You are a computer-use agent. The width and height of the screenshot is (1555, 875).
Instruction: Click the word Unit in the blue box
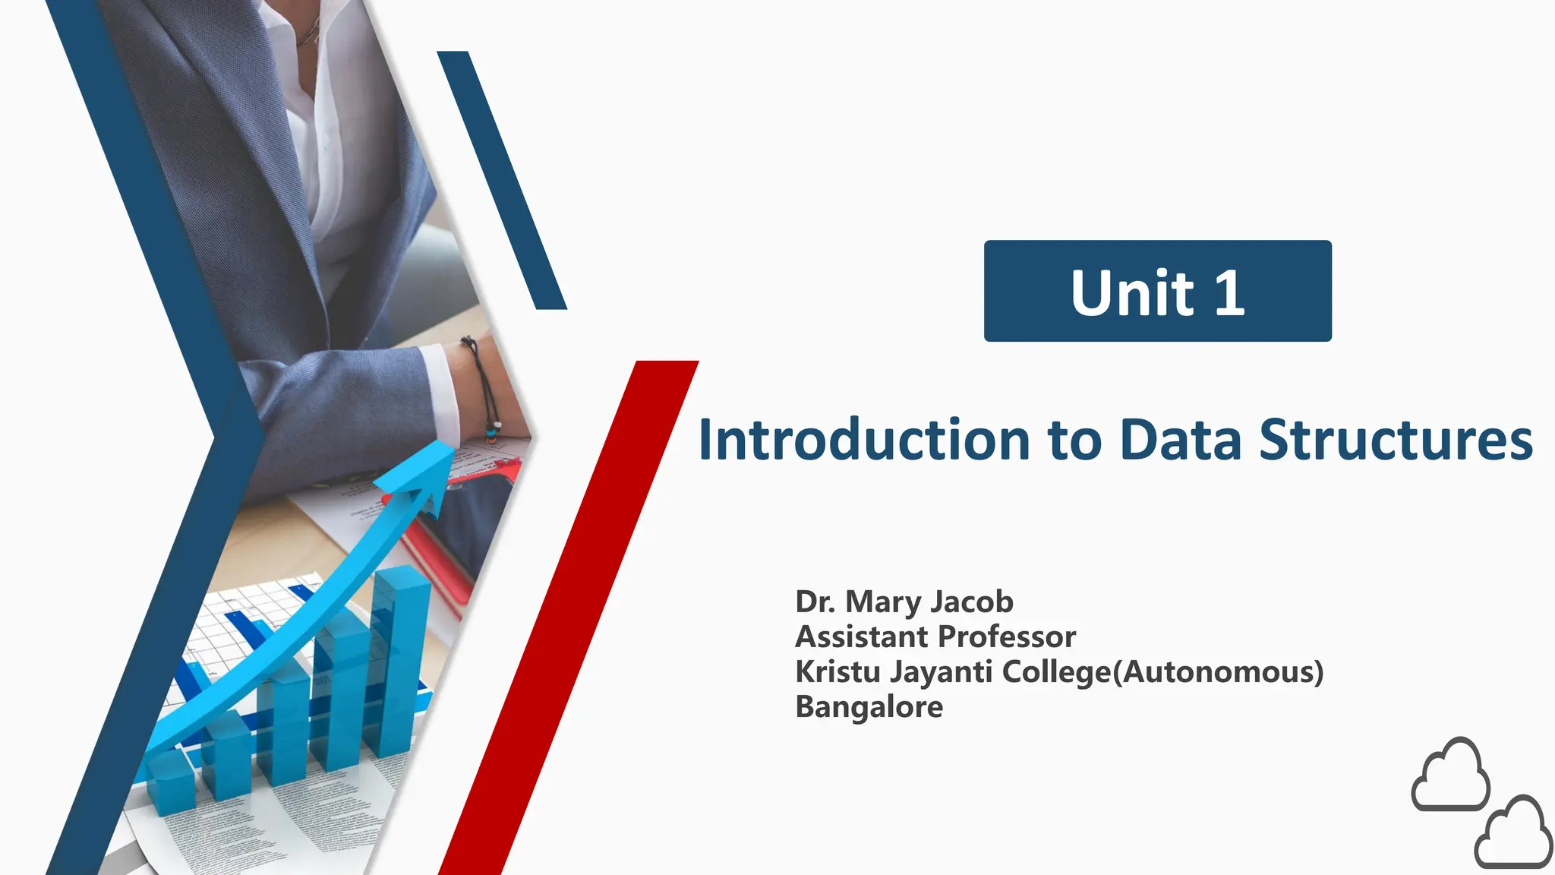pyautogui.click(x=1132, y=293)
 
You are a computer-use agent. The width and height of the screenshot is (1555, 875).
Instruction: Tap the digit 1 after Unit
pyautogui.click(x=1230, y=293)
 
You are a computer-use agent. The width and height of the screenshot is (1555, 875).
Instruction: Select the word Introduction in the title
pyautogui.click(x=864, y=440)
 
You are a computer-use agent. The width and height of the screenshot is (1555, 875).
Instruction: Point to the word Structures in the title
pyautogui.click(x=1396, y=440)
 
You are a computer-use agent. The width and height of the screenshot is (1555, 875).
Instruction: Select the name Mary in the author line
pyautogui.click(x=882, y=602)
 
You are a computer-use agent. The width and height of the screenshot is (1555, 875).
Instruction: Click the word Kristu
pyautogui.click(x=837, y=671)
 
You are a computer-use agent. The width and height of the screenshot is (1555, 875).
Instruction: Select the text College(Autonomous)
pyautogui.click(x=1162, y=672)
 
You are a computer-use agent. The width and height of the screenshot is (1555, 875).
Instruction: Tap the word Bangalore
pyautogui.click(x=869, y=706)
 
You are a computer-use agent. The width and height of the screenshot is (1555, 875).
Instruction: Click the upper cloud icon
pyautogui.click(x=1450, y=775)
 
